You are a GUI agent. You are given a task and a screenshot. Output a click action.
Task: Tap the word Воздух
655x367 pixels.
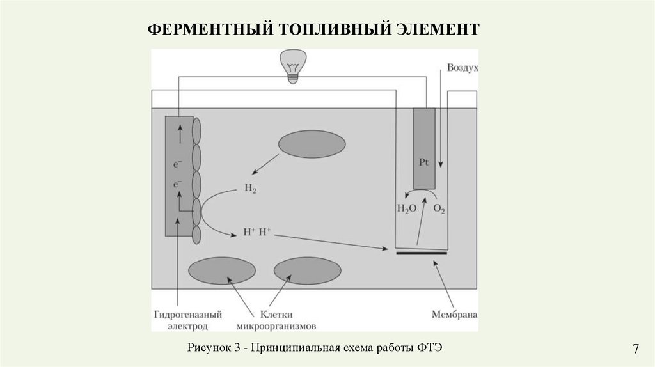[x=462, y=67]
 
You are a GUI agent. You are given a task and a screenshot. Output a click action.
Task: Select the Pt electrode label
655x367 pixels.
[x=423, y=162]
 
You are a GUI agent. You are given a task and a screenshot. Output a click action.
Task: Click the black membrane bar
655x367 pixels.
[x=421, y=253]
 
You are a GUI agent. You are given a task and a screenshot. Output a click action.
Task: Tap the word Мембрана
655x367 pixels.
[x=454, y=315]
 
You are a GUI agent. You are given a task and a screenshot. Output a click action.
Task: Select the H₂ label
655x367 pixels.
[x=250, y=189]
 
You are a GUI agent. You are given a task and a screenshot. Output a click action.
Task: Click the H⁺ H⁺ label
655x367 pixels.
[x=257, y=233]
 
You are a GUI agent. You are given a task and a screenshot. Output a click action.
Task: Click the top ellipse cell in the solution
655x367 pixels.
[x=312, y=144]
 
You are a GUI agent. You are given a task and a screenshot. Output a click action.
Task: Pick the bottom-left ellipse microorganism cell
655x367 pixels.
[x=222, y=270]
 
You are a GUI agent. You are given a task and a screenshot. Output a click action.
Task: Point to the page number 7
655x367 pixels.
[x=636, y=349]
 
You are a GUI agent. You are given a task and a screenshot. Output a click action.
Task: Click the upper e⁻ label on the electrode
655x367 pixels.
[x=177, y=164]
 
